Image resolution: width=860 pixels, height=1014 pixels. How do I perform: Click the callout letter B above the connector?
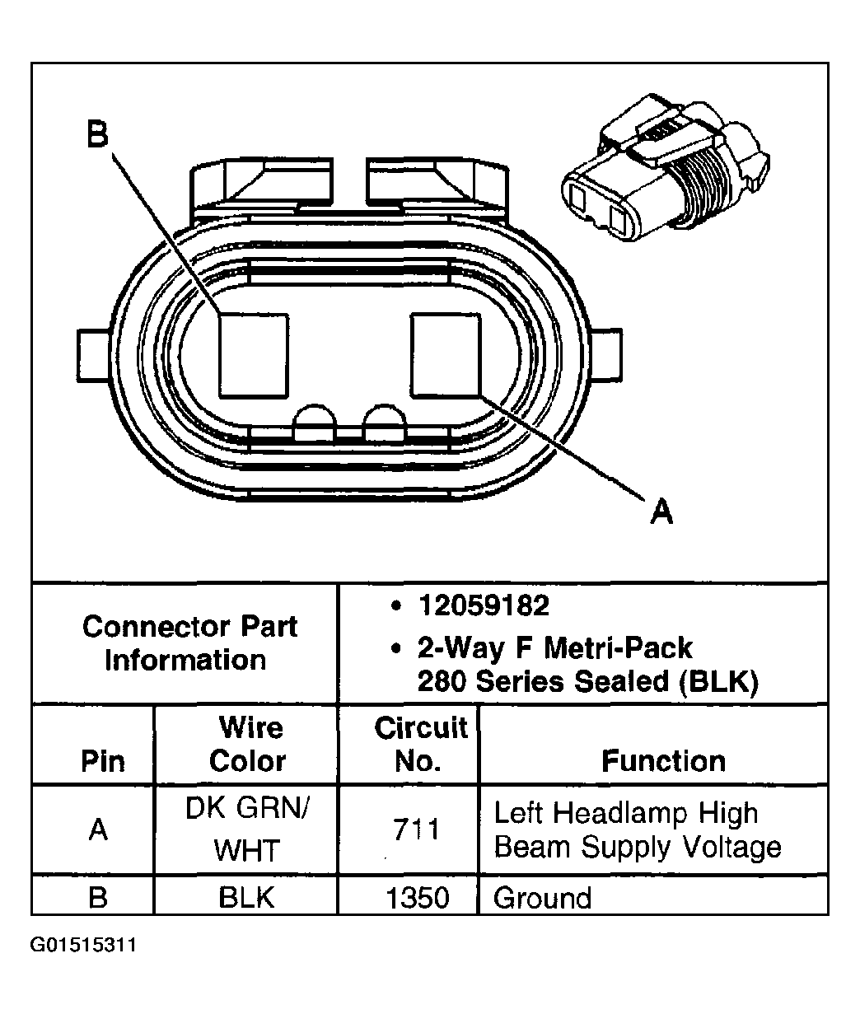[98, 135]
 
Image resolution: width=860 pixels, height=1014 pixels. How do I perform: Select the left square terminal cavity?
[254, 354]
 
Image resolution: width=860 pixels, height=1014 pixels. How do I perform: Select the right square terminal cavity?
[446, 354]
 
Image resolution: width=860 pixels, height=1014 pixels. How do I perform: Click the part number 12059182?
[483, 606]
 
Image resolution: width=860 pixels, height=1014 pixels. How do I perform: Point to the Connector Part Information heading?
[189, 643]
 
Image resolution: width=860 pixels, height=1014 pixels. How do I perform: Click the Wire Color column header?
[247, 745]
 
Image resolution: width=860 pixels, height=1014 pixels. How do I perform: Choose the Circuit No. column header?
[420, 745]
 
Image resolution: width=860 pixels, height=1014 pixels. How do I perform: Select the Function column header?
[663, 760]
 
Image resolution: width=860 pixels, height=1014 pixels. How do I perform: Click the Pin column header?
[102, 761]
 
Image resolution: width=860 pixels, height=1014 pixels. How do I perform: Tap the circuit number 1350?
[418, 897]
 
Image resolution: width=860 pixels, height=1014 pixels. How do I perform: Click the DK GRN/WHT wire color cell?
[247, 829]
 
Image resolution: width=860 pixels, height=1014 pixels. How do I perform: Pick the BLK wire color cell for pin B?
[247, 897]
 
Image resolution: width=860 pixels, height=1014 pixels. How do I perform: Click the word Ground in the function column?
[542, 897]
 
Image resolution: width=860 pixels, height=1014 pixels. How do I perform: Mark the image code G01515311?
[83, 944]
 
